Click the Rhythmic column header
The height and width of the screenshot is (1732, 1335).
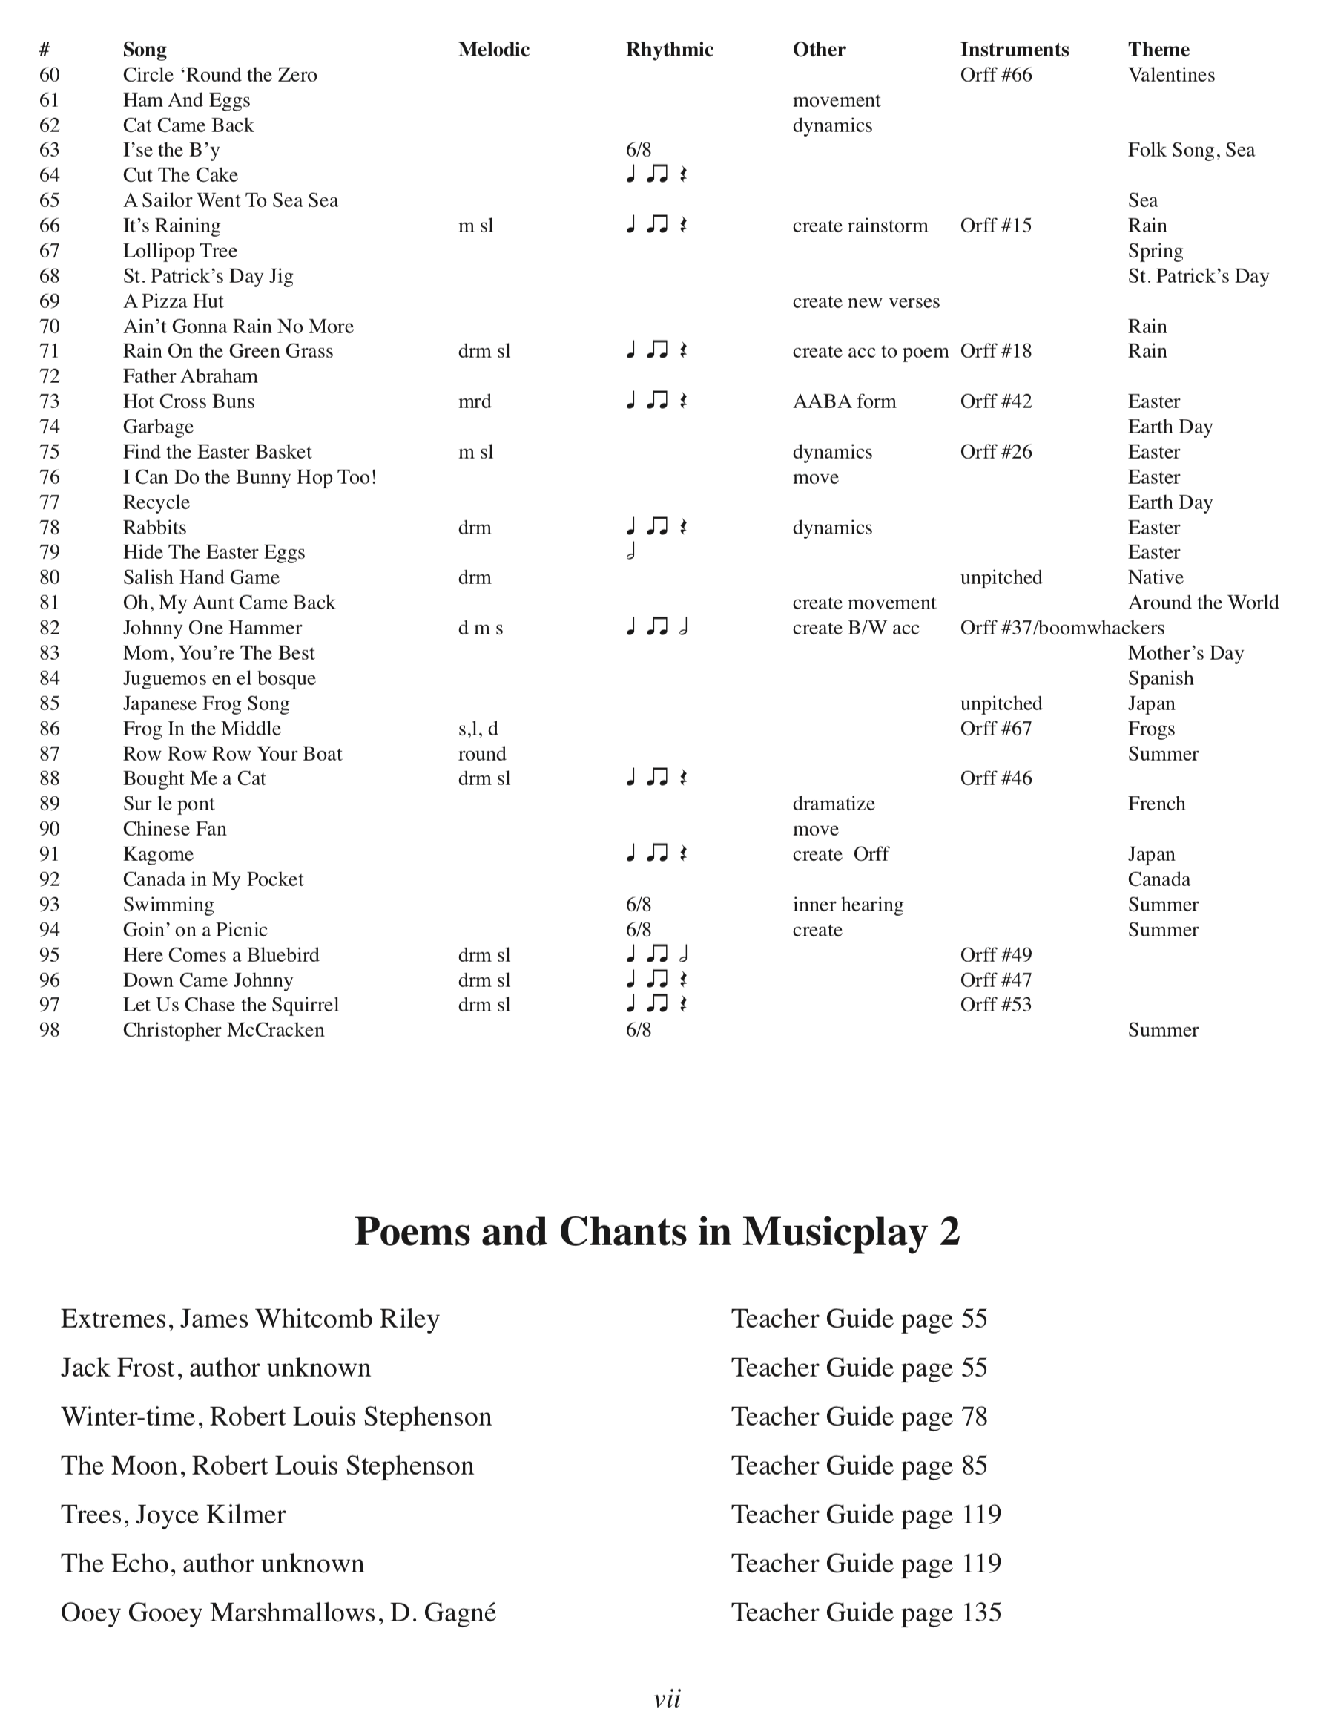[x=669, y=50]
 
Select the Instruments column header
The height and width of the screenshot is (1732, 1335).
[x=1014, y=50]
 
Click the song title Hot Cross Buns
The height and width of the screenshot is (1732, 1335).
[x=188, y=401]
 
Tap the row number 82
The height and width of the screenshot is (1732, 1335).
[x=49, y=628]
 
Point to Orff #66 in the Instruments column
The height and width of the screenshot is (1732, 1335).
[x=996, y=76]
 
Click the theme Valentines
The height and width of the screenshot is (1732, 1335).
[x=1171, y=76]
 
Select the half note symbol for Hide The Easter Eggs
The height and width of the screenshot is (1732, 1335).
[x=631, y=552]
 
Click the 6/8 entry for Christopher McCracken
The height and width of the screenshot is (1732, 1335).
[x=638, y=1030]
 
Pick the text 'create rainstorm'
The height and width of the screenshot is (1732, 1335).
[x=860, y=226]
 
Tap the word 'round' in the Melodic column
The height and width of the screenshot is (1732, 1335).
[x=482, y=754]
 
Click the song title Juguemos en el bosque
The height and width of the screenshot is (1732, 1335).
[x=219, y=678]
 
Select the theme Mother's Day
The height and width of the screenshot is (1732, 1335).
[x=1185, y=654]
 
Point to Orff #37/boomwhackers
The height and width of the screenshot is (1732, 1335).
[x=1062, y=628]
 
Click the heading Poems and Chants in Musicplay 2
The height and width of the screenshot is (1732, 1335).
[x=657, y=1232]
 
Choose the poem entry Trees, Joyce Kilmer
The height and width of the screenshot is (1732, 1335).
[x=173, y=1515]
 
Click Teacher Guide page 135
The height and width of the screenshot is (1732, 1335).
[x=866, y=1613]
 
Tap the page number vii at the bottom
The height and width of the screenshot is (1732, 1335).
[x=667, y=1699]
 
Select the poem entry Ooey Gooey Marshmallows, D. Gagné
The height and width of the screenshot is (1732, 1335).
[x=278, y=1613]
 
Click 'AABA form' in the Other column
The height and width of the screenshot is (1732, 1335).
[x=844, y=401]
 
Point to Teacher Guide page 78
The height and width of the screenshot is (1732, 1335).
[x=859, y=1417]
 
